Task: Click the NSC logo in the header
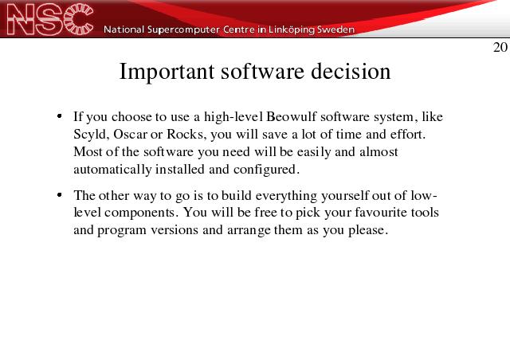pyautogui.click(x=49, y=19)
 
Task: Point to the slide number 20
pyautogui.click(x=500, y=48)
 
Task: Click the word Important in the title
pyautogui.click(x=167, y=72)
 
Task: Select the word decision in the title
pyautogui.click(x=351, y=71)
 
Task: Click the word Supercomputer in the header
pyautogui.click(x=183, y=29)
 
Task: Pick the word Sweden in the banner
pyautogui.click(x=335, y=29)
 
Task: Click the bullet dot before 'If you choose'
pyautogui.click(x=59, y=116)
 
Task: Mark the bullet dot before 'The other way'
pyautogui.click(x=59, y=195)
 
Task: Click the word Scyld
pyautogui.click(x=91, y=135)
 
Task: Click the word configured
pyautogui.click(x=265, y=170)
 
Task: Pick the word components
pyautogui.click(x=141, y=213)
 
